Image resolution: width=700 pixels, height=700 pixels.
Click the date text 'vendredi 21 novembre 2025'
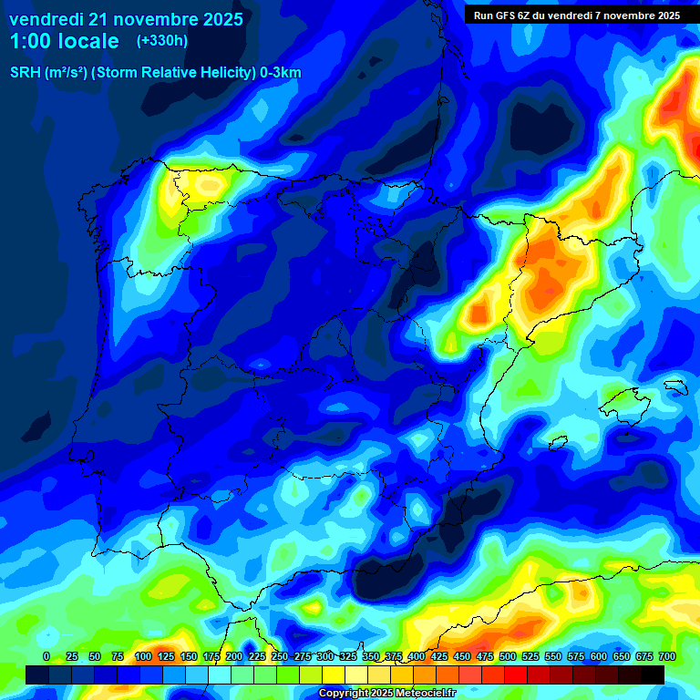coord(126,19)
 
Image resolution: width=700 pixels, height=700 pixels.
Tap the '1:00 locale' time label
coord(64,41)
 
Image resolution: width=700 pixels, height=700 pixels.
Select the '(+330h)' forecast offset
coord(162,41)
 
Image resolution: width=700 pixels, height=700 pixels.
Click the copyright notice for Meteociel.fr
coord(386,693)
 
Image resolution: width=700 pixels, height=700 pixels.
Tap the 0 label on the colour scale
coord(46,656)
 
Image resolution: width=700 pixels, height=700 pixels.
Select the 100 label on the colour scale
coord(142,656)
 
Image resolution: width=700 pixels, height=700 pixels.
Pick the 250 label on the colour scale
coord(279,656)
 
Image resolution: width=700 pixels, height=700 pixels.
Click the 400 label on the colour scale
coord(417,656)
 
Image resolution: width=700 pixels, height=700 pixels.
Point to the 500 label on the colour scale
coord(508,656)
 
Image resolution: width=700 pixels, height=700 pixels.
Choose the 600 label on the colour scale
coord(599,656)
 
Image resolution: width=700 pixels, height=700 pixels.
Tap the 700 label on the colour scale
coord(666,656)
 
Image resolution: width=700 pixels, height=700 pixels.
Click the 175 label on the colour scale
coord(211,656)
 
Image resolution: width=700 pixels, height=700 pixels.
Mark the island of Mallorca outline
coord(624,401)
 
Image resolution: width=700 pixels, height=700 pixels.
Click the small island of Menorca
coord(675,386)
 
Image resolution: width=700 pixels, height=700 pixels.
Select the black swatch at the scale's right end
coord(653,674)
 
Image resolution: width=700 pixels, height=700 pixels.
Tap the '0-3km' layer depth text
coord(281,73)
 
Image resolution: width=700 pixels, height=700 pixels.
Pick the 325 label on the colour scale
coord(347,656)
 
